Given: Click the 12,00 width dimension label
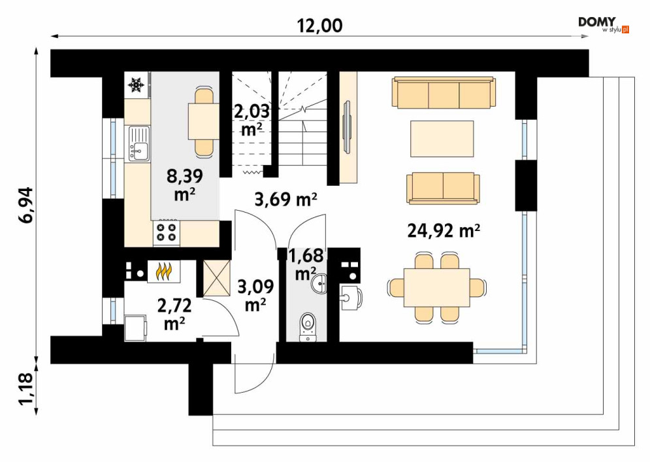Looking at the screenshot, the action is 319,26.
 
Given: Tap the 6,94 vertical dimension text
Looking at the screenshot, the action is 25,206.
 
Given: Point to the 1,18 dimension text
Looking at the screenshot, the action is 25,389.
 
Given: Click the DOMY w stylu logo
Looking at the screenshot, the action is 604,25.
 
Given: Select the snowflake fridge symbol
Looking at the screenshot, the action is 136,84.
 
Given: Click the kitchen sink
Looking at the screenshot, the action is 139,143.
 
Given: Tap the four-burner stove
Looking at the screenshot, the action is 166,232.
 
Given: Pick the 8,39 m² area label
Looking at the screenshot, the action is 184,185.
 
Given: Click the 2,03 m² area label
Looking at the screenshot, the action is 252,120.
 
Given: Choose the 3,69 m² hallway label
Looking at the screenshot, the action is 286,200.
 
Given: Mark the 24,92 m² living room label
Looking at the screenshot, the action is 444,230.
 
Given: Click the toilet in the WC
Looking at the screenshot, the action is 307,327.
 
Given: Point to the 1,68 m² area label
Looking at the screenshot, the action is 306,264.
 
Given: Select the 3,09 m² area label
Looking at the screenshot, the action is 255,295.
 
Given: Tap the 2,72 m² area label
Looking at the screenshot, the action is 174,314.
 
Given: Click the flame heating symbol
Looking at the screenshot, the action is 164,271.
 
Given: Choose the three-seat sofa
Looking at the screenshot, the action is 444,92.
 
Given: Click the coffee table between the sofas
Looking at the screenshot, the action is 442,139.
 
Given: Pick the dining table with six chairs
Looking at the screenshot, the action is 437,287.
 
